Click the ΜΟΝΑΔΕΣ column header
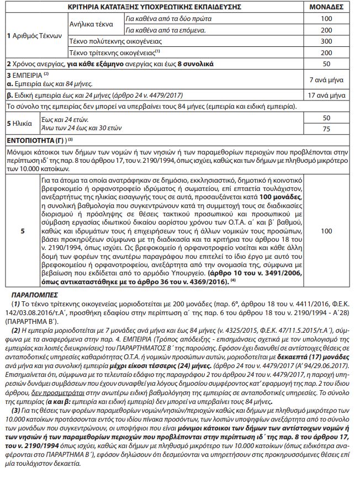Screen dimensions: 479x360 [x=326, y=8]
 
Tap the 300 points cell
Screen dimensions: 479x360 [x=326, y=41]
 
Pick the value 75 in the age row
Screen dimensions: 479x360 [x=326, y=129]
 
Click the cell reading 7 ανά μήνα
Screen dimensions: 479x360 [x=326, y=80]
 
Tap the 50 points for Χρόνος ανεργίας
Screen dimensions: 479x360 [x=326, y=64]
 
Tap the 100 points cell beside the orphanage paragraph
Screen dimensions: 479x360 [x=326, y=231]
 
